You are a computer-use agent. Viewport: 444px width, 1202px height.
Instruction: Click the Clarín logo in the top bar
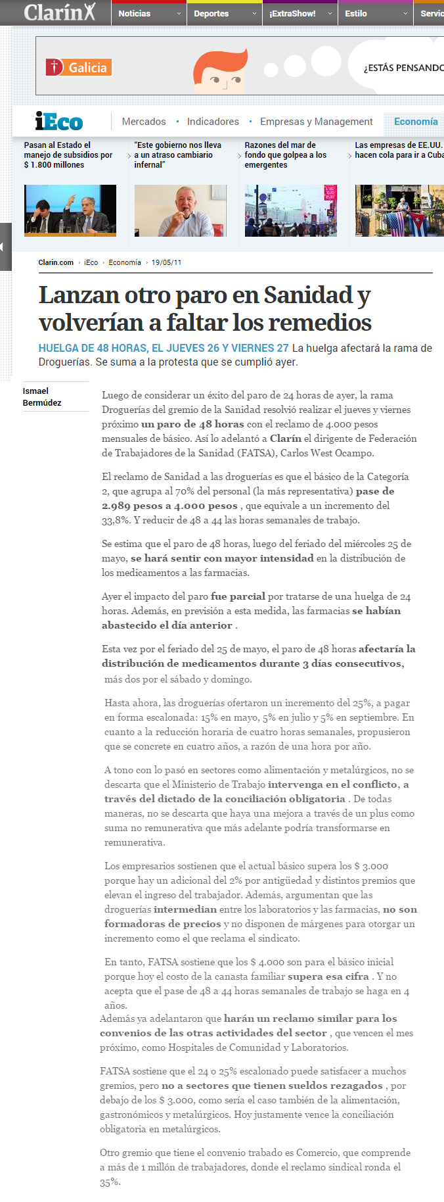click(59, 12)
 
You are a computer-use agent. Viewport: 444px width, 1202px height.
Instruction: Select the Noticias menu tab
click(135, 13)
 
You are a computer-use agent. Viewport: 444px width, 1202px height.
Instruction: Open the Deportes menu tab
click(211, 13)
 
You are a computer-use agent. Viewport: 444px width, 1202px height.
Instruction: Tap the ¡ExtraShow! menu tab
click(292, 13)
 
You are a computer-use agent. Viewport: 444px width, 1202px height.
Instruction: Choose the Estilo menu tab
click(356, 13)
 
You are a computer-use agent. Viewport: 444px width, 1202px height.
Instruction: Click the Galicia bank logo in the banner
click(79, 67)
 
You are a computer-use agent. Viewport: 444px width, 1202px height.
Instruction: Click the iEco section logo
click(59, 122)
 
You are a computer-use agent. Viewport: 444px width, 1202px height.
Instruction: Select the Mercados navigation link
click(144, 122)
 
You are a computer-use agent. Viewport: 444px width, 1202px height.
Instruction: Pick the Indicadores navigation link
click(213, 122)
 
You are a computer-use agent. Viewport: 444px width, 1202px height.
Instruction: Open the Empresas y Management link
click(316, 122)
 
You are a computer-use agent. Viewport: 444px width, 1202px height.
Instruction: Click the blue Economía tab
click(416, 122)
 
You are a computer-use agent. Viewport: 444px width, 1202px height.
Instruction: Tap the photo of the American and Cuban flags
click(399, 210)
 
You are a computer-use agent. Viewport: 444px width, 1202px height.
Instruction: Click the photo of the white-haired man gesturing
click(180, 210)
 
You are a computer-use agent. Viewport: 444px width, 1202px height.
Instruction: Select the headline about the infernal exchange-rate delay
click(177, 155)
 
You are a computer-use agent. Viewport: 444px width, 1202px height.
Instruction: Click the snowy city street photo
click(290, 210)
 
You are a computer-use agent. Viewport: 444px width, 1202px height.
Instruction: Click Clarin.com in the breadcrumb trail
click(56, 262)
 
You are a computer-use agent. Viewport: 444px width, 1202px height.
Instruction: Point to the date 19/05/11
click(166, 262)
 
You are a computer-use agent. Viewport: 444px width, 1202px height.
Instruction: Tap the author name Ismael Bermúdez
click(42, 397)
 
